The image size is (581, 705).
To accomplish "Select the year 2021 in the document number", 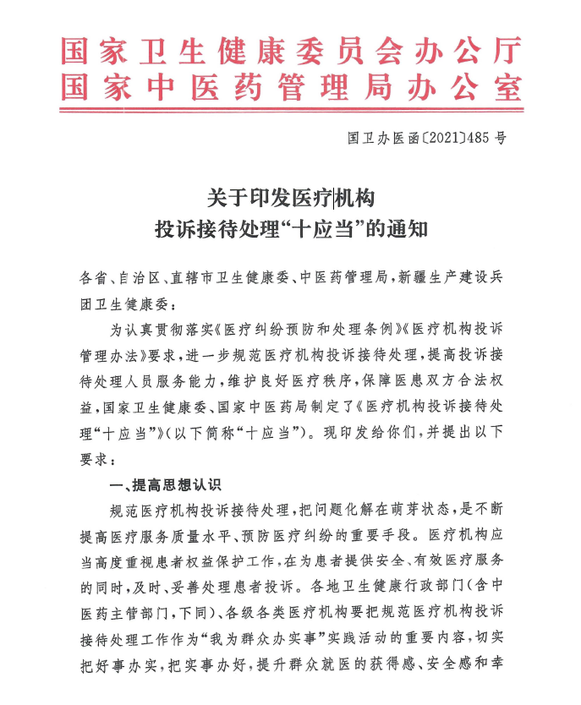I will (425, 138).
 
